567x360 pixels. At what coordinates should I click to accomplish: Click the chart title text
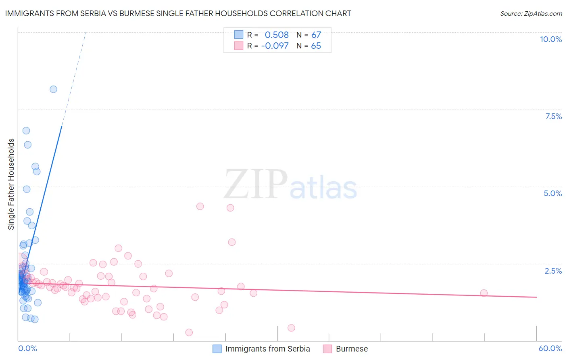pos(178,13)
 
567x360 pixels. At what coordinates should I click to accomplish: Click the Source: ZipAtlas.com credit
pos(531,13)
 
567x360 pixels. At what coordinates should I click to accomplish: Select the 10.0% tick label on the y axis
pos(550,39)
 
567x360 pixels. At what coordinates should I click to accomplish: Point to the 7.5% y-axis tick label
pos(553,116)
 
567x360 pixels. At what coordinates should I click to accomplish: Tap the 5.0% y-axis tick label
pos(552,193)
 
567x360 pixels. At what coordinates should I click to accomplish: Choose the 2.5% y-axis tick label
pos(553,271)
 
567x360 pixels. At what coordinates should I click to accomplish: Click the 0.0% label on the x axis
pos(27,348)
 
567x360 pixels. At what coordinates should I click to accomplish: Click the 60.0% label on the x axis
pos(550,348)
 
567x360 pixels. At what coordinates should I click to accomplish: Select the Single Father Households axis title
pos(11,184)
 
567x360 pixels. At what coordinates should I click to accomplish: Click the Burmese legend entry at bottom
pos(352,349)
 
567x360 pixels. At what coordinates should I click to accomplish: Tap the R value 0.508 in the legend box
pos(277,35)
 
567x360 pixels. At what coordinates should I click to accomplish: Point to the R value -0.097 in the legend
pos(275,46)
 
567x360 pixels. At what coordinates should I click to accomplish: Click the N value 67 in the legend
pos(316,35)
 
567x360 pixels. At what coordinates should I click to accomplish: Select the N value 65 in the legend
pos(316,46)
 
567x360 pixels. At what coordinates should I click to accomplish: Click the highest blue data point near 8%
pos(53,89)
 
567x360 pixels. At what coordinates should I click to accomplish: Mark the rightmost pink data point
pos(484,293)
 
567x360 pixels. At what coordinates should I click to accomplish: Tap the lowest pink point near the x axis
pos(189,333)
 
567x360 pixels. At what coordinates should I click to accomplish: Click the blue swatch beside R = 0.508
pos(239,35)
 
